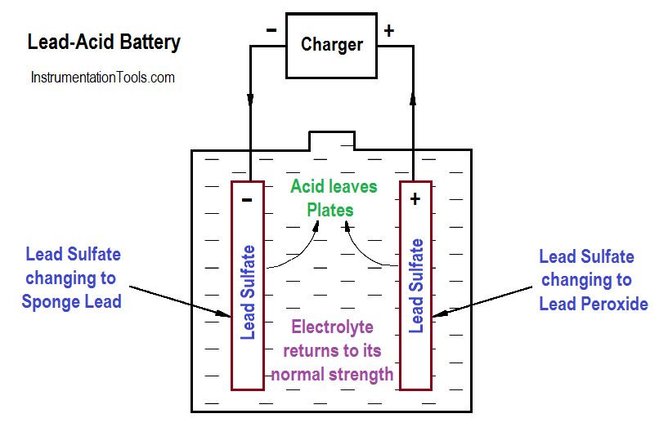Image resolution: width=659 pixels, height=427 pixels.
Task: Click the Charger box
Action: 331,45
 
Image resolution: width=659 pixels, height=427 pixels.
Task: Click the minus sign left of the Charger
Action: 271,31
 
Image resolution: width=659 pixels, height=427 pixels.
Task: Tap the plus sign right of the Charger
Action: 389,31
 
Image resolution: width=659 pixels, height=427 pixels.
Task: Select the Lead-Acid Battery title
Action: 104,42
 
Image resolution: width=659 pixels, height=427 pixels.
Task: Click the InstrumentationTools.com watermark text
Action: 102,78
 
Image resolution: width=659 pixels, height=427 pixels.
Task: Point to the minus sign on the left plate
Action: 248,198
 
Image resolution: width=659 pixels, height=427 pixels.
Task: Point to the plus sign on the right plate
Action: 415,198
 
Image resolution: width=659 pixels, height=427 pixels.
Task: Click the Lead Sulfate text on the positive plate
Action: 415,286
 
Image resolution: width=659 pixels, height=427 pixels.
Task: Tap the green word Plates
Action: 330,210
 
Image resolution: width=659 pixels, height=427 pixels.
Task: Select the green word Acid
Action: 307,187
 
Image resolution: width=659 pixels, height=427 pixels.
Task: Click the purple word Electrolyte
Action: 332,327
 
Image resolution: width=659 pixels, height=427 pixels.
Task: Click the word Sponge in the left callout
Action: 50,301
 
